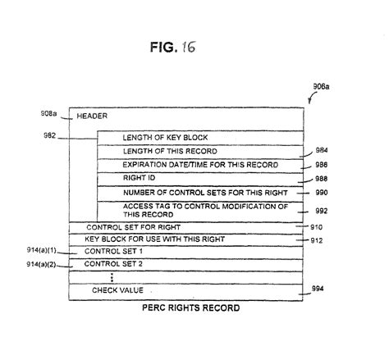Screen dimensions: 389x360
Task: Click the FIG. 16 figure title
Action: (x=173, y=47)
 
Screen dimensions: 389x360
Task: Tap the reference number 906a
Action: (x=321, y=87)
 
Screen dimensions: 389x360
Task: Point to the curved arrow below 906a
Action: (x=312, y=98)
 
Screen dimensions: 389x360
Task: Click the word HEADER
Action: (x=92, y=116)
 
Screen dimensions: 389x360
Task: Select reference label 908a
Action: (x=48, y=113)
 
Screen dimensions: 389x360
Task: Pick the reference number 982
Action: (x=49, y=135)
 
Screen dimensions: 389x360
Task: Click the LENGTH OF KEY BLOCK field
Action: (x=165, y=138)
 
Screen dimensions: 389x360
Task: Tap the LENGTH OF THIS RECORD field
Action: (x=170, y=151)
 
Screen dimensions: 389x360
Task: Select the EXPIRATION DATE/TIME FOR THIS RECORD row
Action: (x=200, y=165)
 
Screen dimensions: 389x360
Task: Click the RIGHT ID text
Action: (x=139, y=178)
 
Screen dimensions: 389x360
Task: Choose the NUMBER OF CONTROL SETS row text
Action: (x=205, y=193)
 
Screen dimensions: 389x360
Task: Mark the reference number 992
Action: (x=321, y=211)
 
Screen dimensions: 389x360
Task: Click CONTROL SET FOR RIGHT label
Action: (x=133, y=227)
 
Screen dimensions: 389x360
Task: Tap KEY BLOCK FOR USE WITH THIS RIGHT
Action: (x=154, y=239)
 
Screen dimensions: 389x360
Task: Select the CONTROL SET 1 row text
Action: (x=113, y=251)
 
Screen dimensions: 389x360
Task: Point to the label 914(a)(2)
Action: (x=41, y=264)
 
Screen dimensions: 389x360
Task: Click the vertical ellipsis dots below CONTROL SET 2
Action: (x=112, y=277)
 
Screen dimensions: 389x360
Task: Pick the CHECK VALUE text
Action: (x=117, y=290)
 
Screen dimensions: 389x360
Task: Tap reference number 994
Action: (x=318, y=289)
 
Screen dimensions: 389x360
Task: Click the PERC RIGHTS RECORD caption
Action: (x=191, y=308)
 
